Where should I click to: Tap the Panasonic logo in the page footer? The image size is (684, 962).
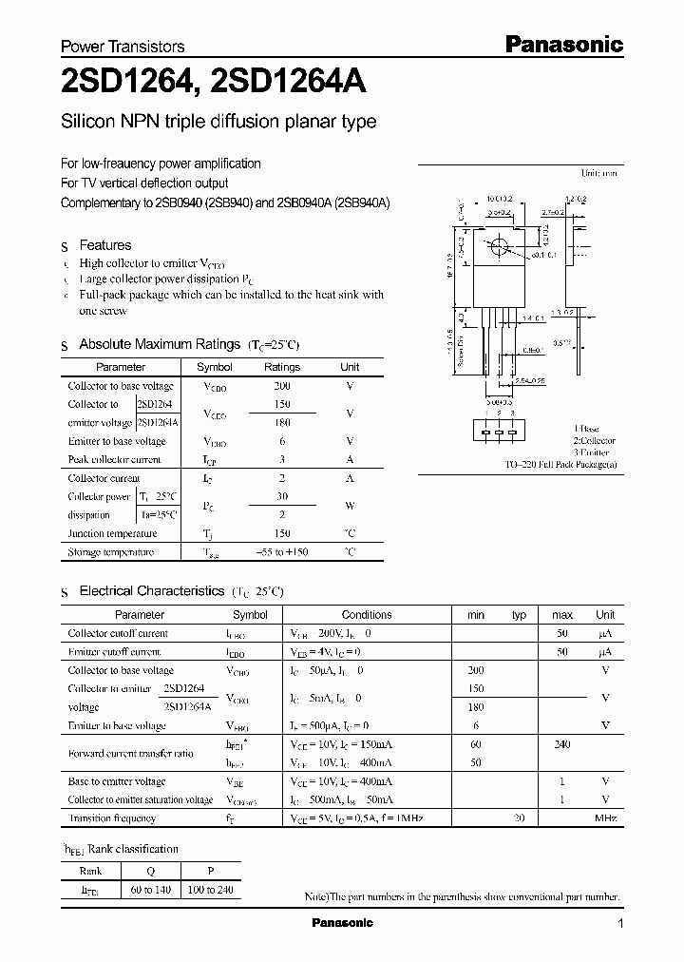click(343, 923)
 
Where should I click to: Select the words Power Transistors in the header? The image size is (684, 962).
click(123, 47)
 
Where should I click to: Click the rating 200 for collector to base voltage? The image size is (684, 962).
click(281, 386)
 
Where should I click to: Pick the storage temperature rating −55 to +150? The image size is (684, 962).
click(281, 552)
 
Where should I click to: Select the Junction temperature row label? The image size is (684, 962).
click(112, 533)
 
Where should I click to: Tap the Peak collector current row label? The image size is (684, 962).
click(114, 459)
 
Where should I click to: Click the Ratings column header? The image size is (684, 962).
click(281, 367)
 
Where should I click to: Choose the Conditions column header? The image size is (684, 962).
click(367, 615)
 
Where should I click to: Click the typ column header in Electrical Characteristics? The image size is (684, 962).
click(519, 615)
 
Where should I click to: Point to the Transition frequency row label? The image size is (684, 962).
click(112, 818)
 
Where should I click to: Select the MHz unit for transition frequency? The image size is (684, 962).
click(605, 818)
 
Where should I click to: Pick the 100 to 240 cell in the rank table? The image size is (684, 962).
click(211, 890)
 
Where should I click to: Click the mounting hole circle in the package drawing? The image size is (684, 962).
click(497, 247)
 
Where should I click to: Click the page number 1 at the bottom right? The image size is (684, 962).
click(619, 924)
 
